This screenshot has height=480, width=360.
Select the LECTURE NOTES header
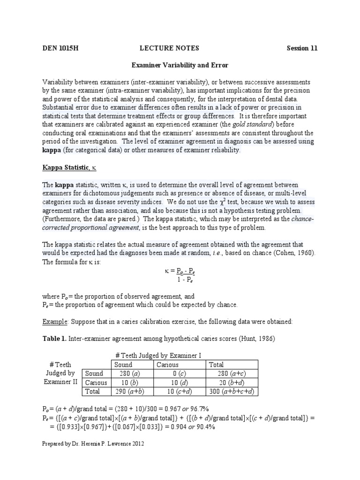point(169,48)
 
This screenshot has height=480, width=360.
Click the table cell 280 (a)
point(127,374)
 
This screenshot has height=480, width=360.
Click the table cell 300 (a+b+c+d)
point(232,391)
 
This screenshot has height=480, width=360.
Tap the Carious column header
point(168,365)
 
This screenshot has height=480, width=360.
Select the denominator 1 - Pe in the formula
point(180,280)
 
